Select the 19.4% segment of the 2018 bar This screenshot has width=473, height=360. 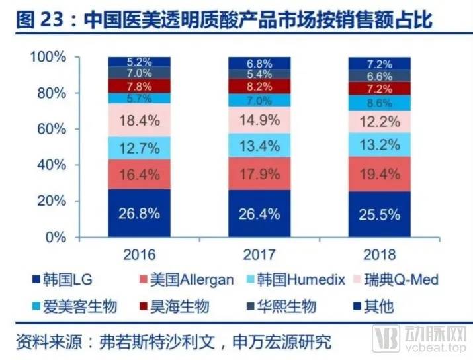coord(379,175)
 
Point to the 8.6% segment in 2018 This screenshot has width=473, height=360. coord(379,103)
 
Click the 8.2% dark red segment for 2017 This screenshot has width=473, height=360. coord(259,86)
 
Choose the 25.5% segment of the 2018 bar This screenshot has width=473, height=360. coord(379,214)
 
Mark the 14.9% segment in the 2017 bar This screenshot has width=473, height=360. coord(259,120)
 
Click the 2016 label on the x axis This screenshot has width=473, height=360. coord(139,254)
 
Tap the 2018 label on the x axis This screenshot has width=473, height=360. coord(379,254)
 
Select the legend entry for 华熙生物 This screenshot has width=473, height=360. coord(280,306)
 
